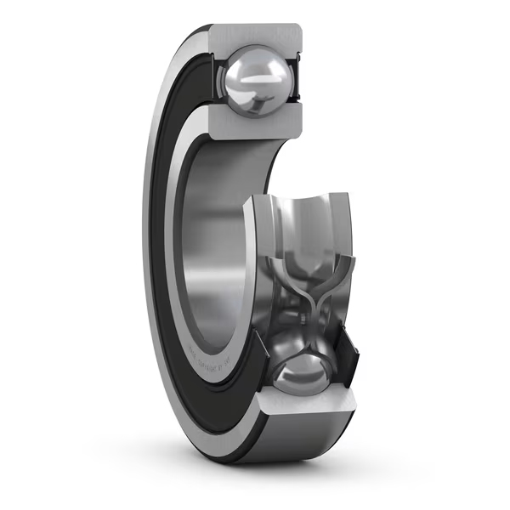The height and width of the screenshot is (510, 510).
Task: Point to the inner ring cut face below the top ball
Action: tap(255, 122)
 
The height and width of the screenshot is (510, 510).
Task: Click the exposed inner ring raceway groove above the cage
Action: tap(306, 221)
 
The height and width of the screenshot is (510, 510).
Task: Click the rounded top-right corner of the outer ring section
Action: tap(297, 30)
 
